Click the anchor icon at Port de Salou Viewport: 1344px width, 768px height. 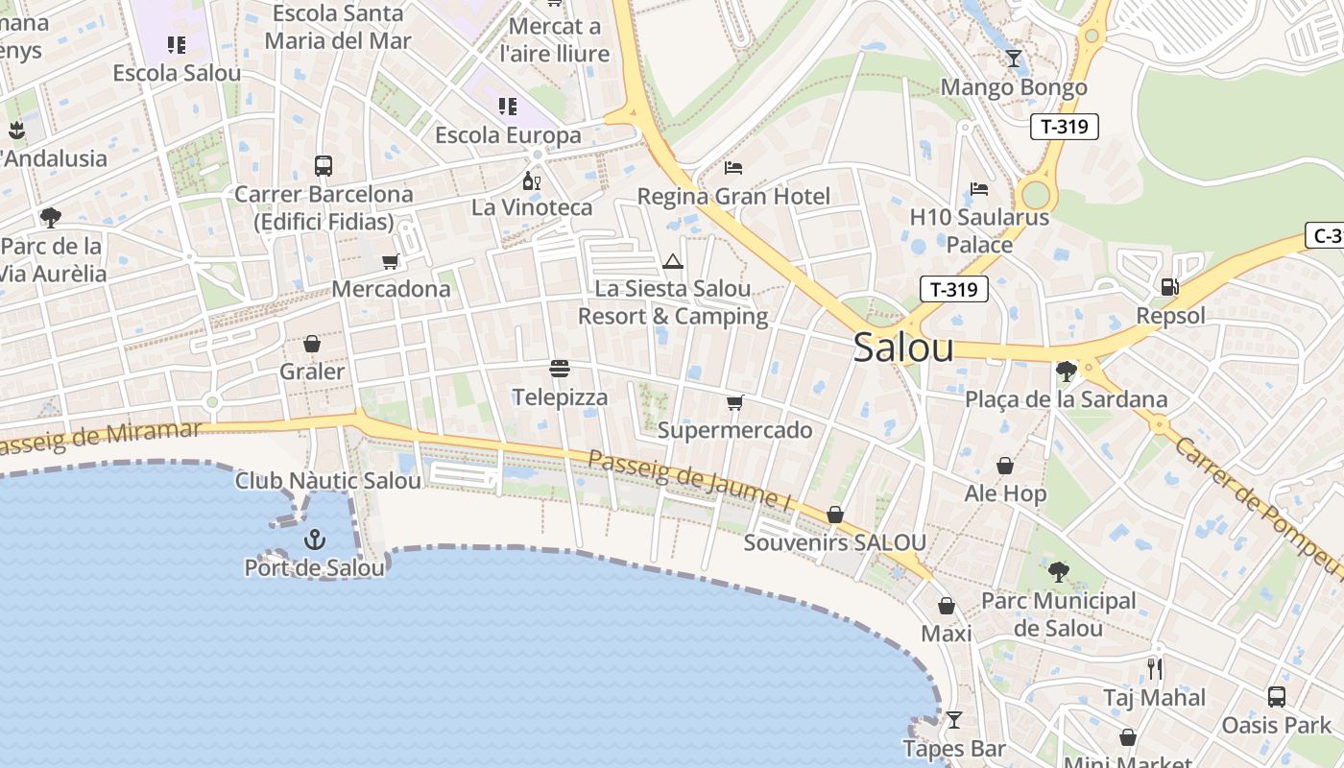(x=315, y=540)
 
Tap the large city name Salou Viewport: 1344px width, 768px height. (x=903, y=348)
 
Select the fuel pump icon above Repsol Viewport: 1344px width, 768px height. (x=1169, y=286)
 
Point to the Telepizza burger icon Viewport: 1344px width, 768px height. (x=560, y=369)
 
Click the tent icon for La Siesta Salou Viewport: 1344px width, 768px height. (x=672, y=260)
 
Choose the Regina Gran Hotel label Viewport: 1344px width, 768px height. (x=734, y=197)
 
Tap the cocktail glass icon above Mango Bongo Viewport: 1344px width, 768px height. (x=1013, y=59)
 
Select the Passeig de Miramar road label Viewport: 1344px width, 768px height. (x=101, y=437)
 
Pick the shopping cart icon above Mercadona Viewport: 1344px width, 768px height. (x=390, y=261)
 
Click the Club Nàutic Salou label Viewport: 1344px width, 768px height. (x=328, y=481)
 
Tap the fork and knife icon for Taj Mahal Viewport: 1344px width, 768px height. (x=1154, y=668)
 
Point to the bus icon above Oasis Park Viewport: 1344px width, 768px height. (x=1276, y=696)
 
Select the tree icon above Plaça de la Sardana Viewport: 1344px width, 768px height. (x=1066, y=371)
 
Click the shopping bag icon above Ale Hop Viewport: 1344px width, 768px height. (x=1005, y=466)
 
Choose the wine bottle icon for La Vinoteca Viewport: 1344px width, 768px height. (x=531, y=180)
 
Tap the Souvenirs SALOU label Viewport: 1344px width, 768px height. (x=834, y=543)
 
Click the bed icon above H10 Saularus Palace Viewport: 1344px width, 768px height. (x=979, y=188)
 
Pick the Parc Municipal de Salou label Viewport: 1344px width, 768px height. (x=1058, y=614)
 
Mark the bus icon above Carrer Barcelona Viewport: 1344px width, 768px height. (x=324, y=165)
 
